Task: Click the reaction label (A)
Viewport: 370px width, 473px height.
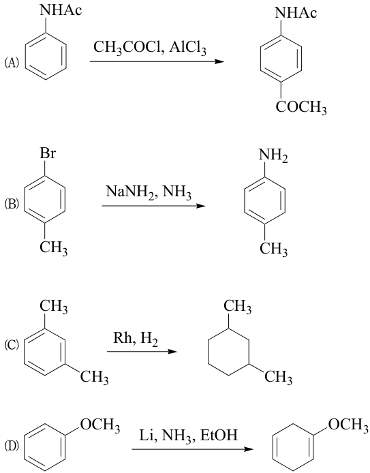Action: pyautogui.click(x=12, y=63)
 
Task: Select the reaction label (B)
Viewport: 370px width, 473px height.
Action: pyautogui.click(x=12, y=204)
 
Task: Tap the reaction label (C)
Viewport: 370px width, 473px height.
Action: pyautogui.click(x=12, y=344)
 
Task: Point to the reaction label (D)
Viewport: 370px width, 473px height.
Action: pyautogui.click(x=12, y=445)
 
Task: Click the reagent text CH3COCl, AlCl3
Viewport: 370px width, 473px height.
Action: pyautogui.click(x=150, y=48)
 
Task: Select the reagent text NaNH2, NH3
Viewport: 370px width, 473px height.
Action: pyautogui.click(x=149, y=192)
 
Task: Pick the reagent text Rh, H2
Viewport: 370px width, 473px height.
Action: pyautogui.click(x=136, y=339)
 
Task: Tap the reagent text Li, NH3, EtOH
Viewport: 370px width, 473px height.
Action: pyautogui.click(x=188, y=436)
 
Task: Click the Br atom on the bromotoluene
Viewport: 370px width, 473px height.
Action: pyautogui.click(x=48, y=153)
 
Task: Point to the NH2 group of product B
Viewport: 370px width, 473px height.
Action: pyautogui.click(x=273, y=155)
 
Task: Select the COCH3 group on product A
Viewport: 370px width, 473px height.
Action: pyautogui.click(x=301, y=108)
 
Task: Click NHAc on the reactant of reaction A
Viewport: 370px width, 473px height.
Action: pyautogui.click(x=61, y=10)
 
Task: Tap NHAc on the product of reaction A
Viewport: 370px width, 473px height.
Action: pyautogui.click(x=296, y=13)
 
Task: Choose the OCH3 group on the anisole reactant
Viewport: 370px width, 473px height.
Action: pyautogui.click(x=100, y=426)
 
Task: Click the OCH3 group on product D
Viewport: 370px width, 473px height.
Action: pyautogui.click(x=348, y=425)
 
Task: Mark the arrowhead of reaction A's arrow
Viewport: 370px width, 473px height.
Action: pyautogui.click(x=219, y=61)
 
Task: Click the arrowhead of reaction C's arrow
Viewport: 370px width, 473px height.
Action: pyautogui.click(x=172, y=352)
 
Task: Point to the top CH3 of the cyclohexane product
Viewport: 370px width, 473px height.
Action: pyautogui.click(x=237, y=307)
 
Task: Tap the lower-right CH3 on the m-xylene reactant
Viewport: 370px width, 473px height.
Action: pyautogui.click(x=95, y=378)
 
